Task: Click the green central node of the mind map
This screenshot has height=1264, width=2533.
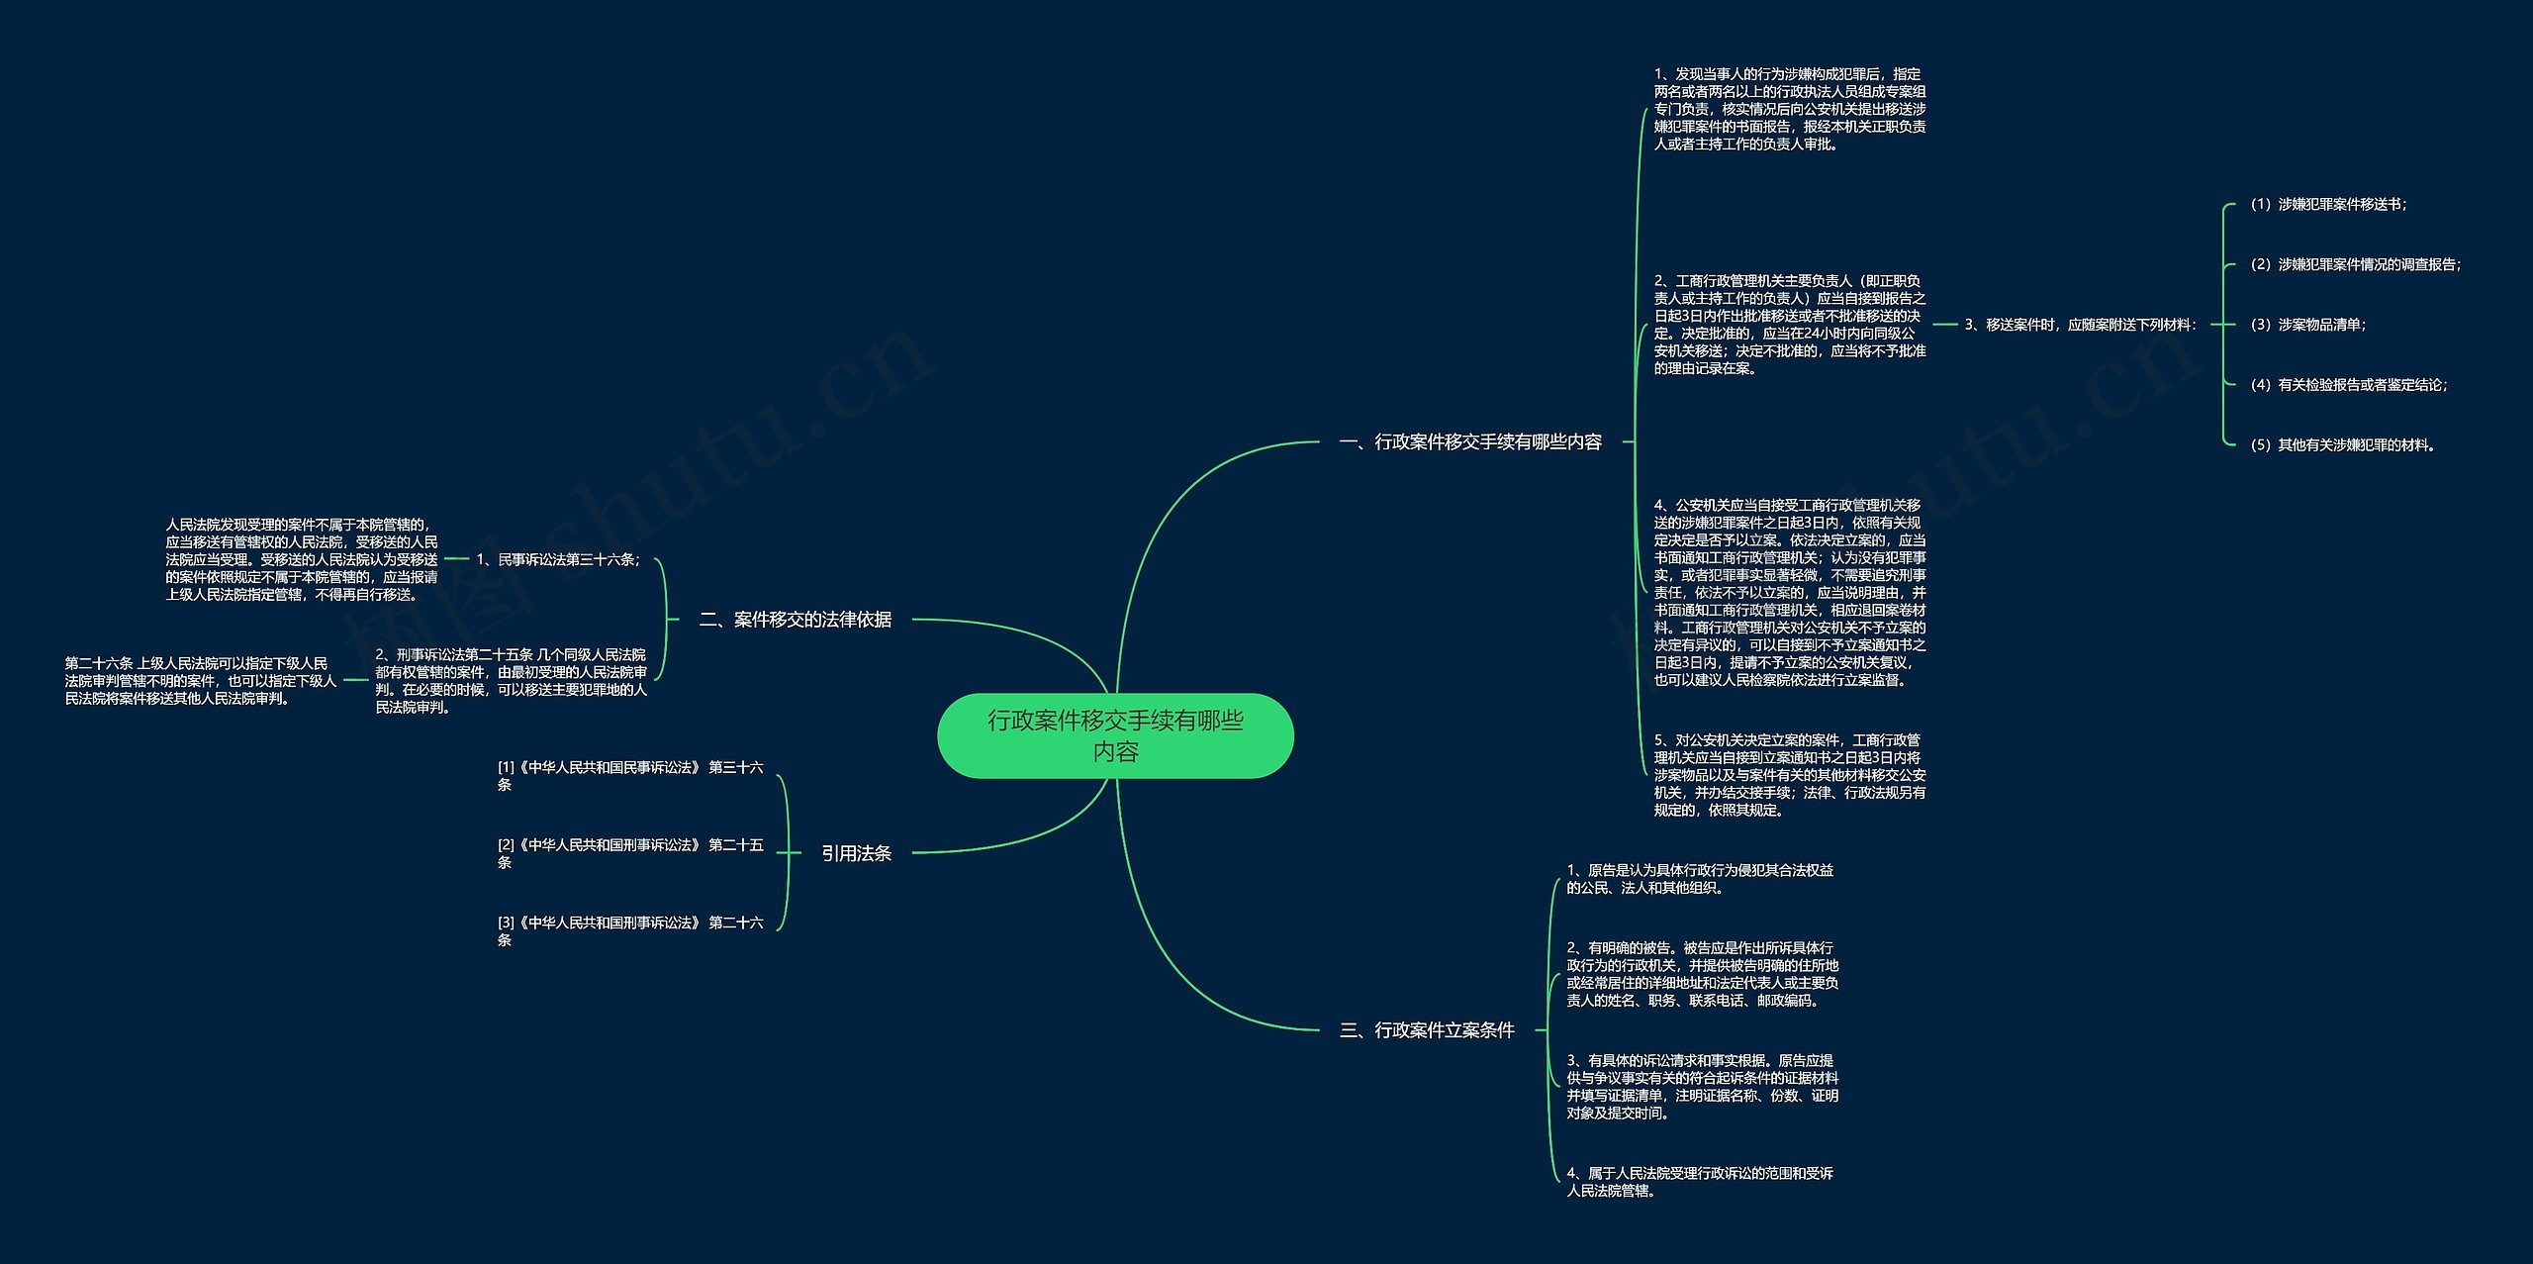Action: click(x=1115, y=735)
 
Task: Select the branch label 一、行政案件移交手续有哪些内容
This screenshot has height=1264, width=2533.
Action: click(x=1470, y=442)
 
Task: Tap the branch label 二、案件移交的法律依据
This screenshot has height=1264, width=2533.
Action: click(x=796, y=620)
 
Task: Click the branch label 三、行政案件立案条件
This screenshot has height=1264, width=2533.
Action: click(x=1427, y=1030)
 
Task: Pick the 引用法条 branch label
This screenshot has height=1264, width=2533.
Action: click(x=856, y=853)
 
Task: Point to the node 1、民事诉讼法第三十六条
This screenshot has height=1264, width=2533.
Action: click(x=558, y=560)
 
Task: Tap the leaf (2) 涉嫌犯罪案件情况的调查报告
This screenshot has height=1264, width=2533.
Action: click(x=2356, y=265)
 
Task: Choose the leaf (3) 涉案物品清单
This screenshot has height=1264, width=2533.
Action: click(x=2308, y=325)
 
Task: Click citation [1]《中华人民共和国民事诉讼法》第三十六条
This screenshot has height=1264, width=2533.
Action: click(x=630, y=775)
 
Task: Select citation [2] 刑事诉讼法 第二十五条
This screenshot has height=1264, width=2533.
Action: click(x=630, y=853)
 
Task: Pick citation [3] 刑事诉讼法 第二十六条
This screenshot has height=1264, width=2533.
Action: click(x=630, y=930)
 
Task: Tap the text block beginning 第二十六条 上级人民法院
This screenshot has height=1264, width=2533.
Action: click(x=201, y=681)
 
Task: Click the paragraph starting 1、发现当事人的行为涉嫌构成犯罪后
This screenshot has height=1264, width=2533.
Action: click(x=1790, y=109)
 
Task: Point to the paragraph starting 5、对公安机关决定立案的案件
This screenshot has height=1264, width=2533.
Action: click(x=1790, y=775)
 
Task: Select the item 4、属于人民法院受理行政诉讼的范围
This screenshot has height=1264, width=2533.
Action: click(x=1700, y=1182)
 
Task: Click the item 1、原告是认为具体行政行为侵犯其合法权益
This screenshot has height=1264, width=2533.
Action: click(x=1700, y=879)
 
